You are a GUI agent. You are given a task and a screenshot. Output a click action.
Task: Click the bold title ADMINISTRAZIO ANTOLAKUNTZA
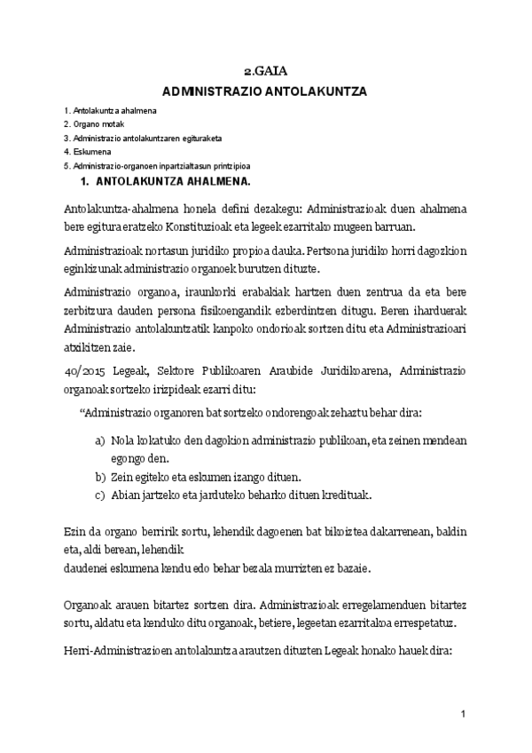[x=264, y=91]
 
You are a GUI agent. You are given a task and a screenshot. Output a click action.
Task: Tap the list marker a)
[x=99, y=440]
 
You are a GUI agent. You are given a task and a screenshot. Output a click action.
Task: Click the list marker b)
[x=99, y=476]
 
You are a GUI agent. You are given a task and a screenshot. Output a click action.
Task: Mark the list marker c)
[x=99, y=494]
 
